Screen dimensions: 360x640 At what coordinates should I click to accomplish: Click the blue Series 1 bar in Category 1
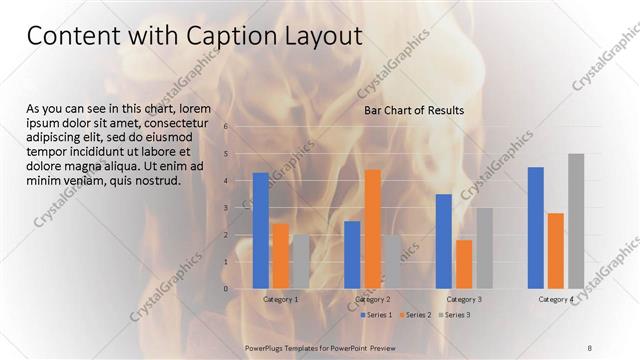coord(260,230)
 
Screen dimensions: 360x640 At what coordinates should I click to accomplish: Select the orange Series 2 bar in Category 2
coord(372,229)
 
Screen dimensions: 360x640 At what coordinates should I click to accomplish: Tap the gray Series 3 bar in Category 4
coord(575,221)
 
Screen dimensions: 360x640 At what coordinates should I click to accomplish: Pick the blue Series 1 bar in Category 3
coord(443,241)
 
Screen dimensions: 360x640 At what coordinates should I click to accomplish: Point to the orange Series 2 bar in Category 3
coord(464,264)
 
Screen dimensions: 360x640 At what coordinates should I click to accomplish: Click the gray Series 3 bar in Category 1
coord(301,261)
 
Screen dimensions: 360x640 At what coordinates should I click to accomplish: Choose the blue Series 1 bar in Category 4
coord(535,227)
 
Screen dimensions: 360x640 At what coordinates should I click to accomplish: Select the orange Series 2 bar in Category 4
coord(555,250)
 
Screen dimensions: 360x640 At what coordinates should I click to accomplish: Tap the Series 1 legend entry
coord(376,315)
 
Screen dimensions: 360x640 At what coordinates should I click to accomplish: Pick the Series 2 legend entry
coord(415,315)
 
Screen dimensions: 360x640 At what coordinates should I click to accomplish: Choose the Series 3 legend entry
coord(455,315)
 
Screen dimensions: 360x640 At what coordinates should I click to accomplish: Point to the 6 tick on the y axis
coord(227,127)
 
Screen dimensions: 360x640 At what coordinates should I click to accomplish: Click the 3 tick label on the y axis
coord(227,208)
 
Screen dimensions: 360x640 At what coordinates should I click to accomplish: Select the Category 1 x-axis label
coord(280,299)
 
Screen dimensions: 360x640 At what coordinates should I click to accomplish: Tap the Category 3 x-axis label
coord(464,299)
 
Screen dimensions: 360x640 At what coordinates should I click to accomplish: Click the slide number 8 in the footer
coord(590,346)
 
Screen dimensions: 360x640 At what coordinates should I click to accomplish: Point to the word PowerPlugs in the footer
coord(266,346)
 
